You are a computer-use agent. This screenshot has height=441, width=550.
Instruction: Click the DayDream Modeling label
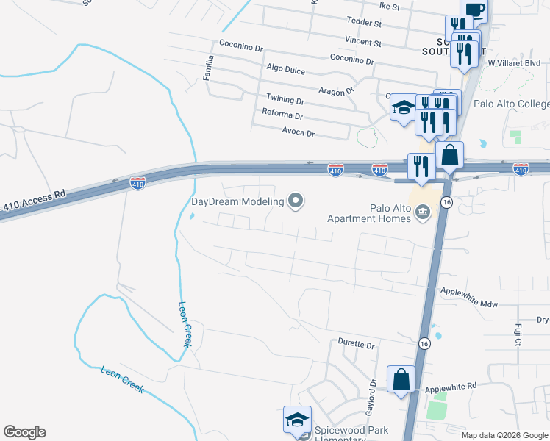click(x=238, y=202)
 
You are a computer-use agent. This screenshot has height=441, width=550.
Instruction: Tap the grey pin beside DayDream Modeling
click(x=296, y=201)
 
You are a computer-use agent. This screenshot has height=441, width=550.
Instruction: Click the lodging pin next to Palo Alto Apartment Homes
click(x=423, y=213)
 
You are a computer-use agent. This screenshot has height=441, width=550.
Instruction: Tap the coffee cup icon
click(x=476, y=10)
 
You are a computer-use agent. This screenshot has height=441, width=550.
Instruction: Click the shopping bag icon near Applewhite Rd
click(x=401, y=381)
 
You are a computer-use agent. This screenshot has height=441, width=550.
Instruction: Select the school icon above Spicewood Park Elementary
click(x=297, y=420)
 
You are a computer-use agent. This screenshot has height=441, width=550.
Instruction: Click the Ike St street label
click(x=389, y=7)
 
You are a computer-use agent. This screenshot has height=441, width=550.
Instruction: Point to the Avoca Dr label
click(x=299, y=134)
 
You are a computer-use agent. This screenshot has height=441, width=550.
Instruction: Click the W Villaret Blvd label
click(x=515, y=64)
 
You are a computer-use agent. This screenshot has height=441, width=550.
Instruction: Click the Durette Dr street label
click(x=356, y=344)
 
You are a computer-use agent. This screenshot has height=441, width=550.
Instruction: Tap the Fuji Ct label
click(x=518, y=334)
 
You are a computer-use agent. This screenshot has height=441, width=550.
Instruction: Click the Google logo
click(x=24, y=432)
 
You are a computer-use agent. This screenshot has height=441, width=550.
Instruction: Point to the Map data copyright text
click(x=504, y=435)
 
